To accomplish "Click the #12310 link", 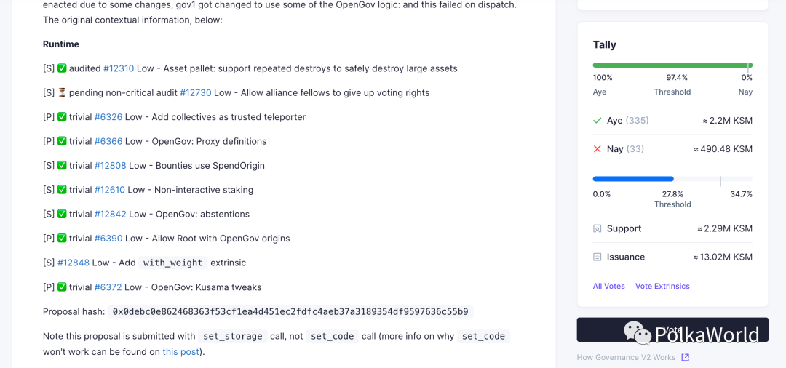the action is point(119,68).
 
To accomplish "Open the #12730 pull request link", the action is point(196,92).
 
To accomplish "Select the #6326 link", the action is point(108,117).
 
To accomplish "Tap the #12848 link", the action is point(74,263).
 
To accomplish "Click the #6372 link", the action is point(108,287).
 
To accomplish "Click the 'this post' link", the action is point(179,352).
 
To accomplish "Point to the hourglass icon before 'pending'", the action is point(62,92).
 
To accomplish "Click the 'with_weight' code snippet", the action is point(173,263).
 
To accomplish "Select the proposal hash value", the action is point(290,311).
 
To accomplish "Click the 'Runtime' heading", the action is point(61,44).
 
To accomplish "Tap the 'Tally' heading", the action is point(605,45).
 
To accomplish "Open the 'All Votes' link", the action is point(609,286).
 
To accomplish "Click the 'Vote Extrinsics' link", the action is point(662,286).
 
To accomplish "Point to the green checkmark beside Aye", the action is point(598,120).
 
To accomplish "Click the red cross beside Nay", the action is point(598,148).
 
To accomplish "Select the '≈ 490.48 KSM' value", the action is point(723,148).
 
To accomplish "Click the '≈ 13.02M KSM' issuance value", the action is point(723,257).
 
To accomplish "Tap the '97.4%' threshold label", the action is point(677,77).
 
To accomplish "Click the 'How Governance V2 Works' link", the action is point(627,357).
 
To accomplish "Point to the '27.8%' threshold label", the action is point(672,194).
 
